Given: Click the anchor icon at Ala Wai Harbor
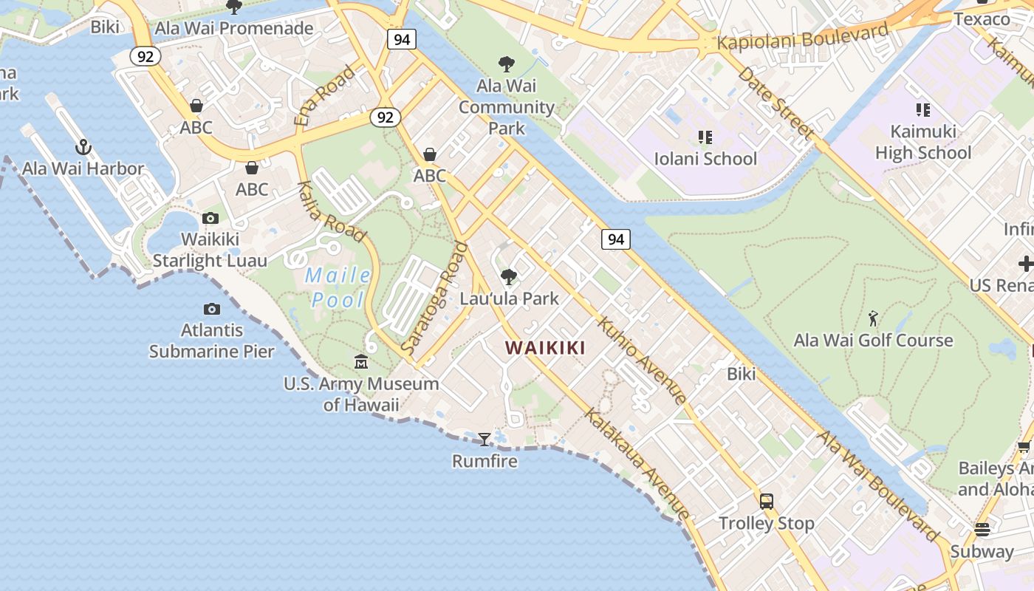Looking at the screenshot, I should (x=83, y=147).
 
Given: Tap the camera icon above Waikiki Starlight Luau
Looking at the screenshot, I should (x=210, y=218).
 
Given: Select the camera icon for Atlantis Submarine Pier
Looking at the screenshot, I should (x=212, y=309).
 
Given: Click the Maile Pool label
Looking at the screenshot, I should (x=338, y=287).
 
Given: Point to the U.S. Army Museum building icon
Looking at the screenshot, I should (x=361, y=362).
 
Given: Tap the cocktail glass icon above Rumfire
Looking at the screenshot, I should (x=484, y=440).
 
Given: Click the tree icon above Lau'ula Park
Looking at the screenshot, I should (x=508, y=277).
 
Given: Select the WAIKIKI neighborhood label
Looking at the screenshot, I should (x=545, y=348).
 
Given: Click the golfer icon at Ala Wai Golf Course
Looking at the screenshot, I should (x=874, y=319).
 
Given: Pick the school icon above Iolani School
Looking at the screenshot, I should (x=705, y=137).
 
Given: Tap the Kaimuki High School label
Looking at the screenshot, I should (x=922, y=142).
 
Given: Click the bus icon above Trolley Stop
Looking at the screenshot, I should (x=767, y=501).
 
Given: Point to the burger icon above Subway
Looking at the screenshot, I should (x=982, y=530).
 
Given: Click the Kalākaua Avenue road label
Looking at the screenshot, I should (x=638, y=463).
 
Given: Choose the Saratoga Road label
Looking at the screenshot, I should (x=435, y=297).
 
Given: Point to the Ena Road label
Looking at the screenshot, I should (x=325, y=95).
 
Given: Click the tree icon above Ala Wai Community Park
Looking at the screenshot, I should (x=506, y=64).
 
